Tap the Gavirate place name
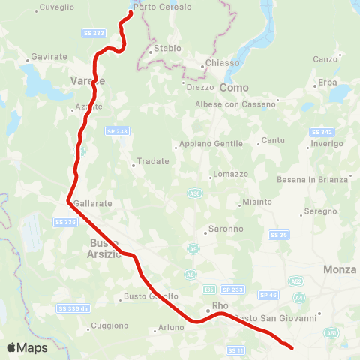click(49, 57)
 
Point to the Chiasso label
click(221, 63)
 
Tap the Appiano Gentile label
click(212, 144)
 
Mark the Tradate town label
click(153, 161)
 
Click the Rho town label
click(220, 306)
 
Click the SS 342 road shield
click(321, 131)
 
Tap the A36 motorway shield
click(195, 193)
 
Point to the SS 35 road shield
click(279, 235)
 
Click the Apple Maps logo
click(27, 347)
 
